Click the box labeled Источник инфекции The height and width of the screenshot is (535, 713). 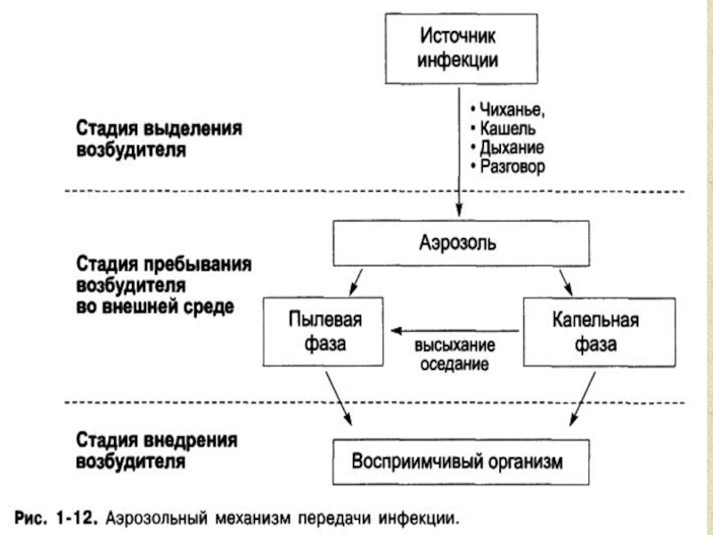(461, 49)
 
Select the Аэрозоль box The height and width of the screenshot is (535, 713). (461, 243)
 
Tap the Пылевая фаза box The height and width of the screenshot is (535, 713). (323, 332)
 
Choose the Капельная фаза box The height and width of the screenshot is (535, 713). (599, 332)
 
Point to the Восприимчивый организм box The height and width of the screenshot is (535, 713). (461, 462)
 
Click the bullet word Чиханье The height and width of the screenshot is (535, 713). (512, 110)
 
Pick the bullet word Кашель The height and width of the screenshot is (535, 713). (508, 128)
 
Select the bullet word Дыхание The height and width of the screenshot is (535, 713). (512, 148)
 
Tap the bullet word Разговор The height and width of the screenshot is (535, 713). (512, 167)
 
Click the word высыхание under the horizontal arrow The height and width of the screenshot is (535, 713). (455, 345)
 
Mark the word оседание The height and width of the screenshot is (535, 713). (455, 364)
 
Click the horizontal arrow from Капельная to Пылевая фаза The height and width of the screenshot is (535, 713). (455, 331)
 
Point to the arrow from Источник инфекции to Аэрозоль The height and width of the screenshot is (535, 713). (459, 152)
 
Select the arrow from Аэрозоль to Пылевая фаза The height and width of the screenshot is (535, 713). (356, 283)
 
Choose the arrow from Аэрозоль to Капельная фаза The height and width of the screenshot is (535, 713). (566, 283)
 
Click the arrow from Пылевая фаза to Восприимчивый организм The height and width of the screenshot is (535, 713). (339, 399)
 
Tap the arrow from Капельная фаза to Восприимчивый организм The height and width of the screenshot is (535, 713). (583, 399)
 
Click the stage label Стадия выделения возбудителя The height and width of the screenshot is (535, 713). (160, 139)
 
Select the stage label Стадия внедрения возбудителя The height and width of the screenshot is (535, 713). (157, 450)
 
